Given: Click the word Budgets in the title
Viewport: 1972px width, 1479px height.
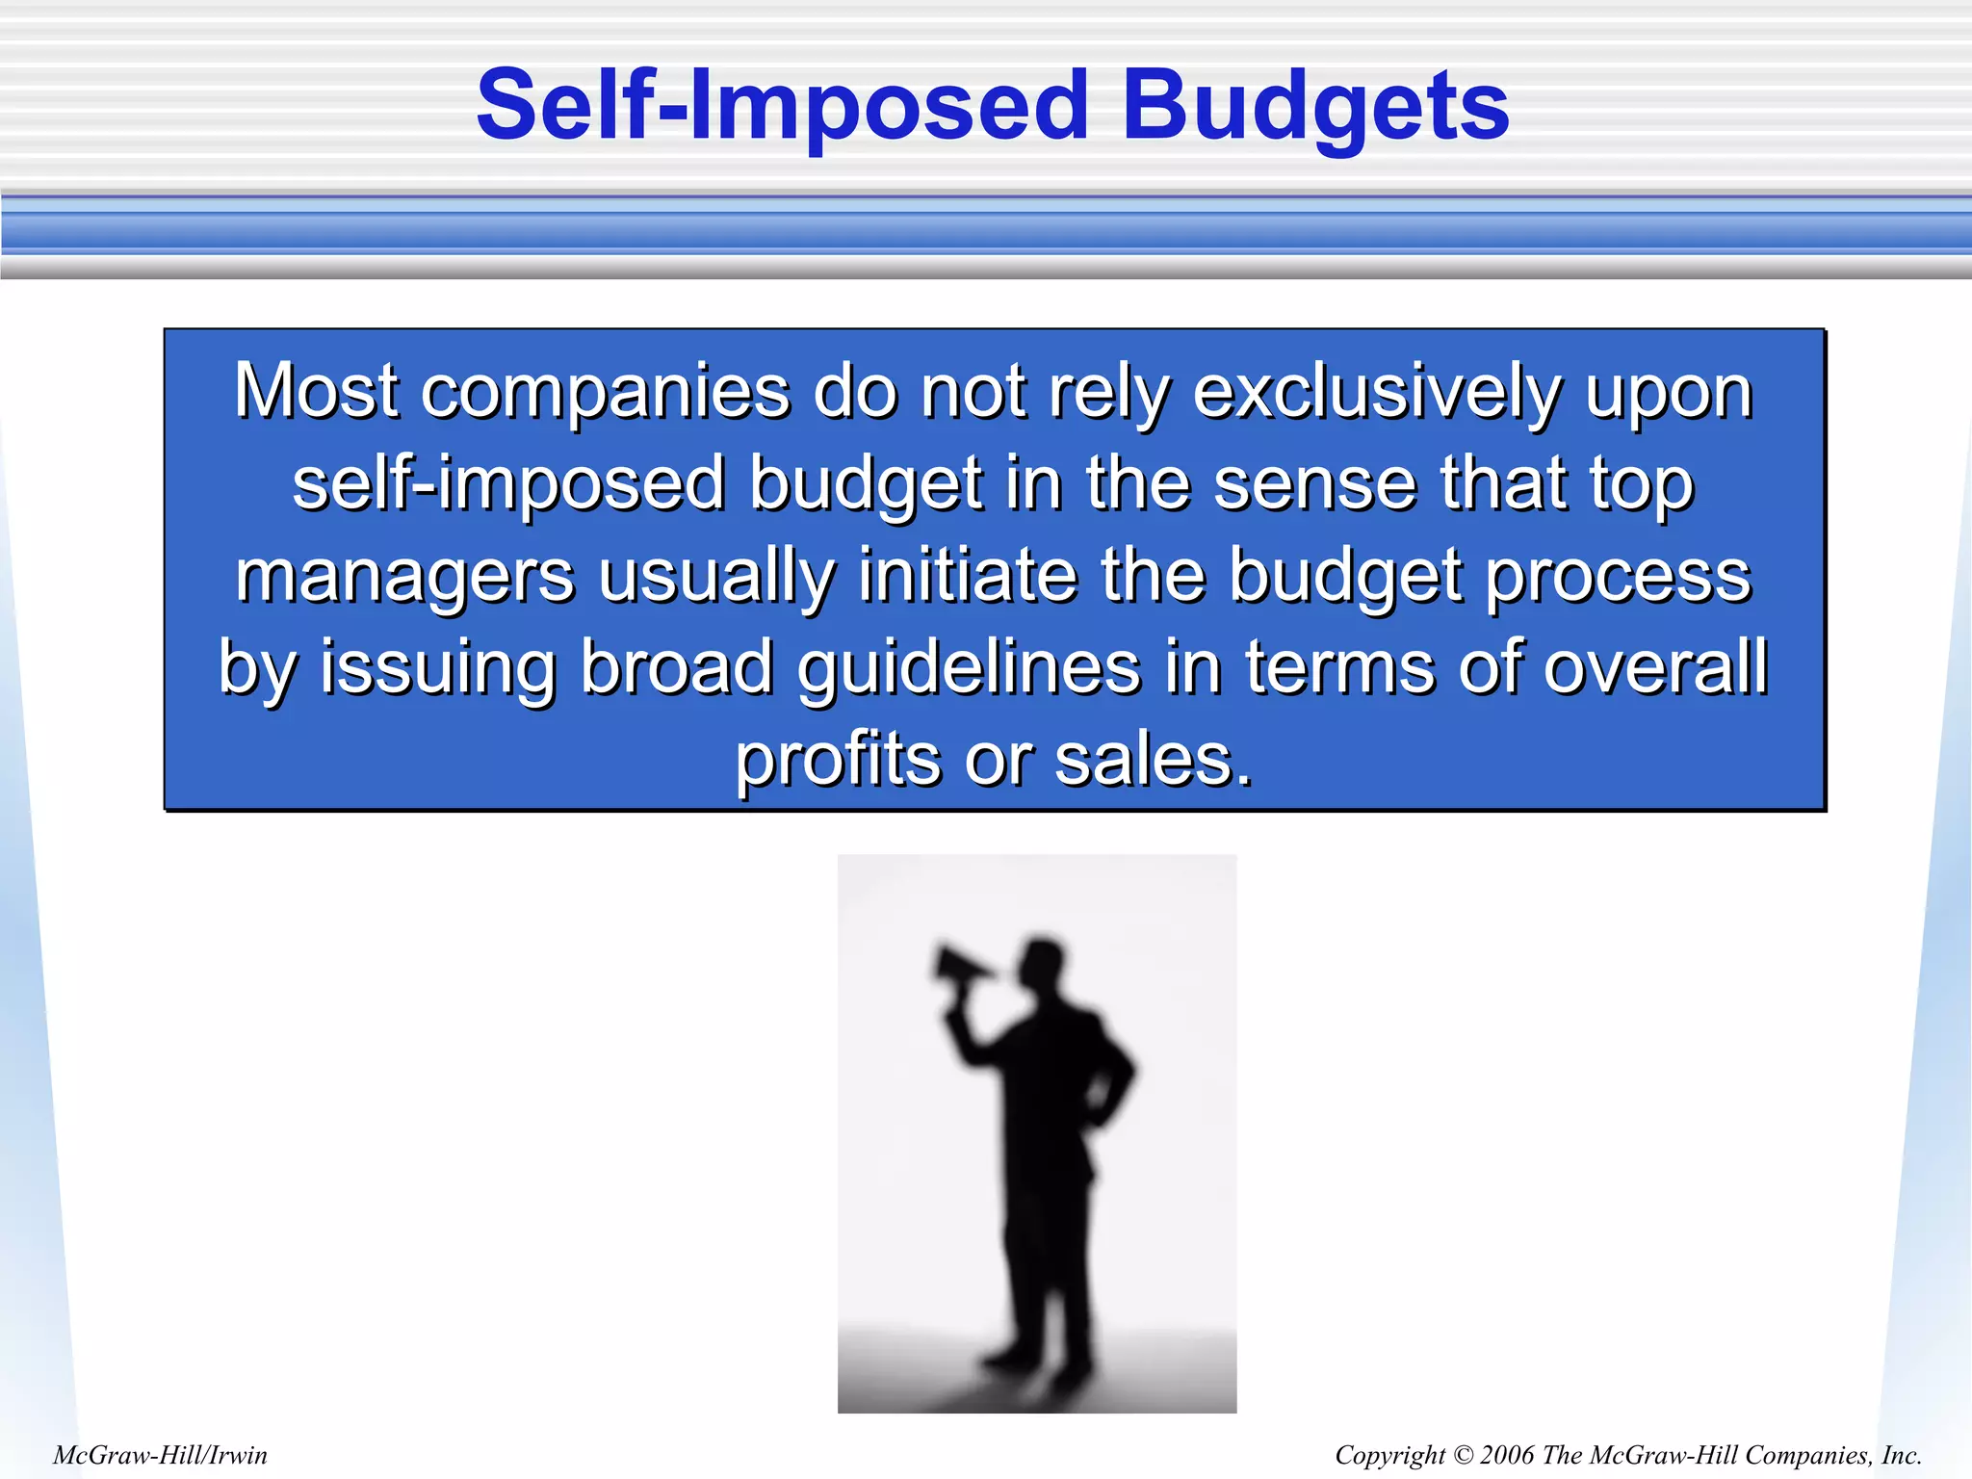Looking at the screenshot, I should pyautogui.click(x=1315, y=108).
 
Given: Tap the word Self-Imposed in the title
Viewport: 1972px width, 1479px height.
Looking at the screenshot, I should pyautogui.click(x=782, y=108).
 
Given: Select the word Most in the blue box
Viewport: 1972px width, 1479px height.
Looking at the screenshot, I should pyautogui.click(x=316, y=392).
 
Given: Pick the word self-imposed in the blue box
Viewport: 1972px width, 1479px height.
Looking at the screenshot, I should pyautogui.click(x=508, y=484).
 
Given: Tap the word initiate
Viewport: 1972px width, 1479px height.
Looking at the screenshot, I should pyautogui.click(x=967, y=575).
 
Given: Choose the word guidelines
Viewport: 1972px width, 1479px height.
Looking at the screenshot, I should pyautogui.click(x=969, y=668).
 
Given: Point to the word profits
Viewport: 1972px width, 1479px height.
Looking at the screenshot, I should pyautogui.click(x=838, y=761).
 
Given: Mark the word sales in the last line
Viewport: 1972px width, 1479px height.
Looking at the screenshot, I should pyautogui.click(x=1153, y=761).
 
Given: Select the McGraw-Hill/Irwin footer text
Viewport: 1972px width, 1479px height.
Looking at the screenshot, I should pyautogui.click(x=160, y=1455).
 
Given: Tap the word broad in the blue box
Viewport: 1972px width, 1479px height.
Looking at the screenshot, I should pyautogui.click(x=677, y=666).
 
